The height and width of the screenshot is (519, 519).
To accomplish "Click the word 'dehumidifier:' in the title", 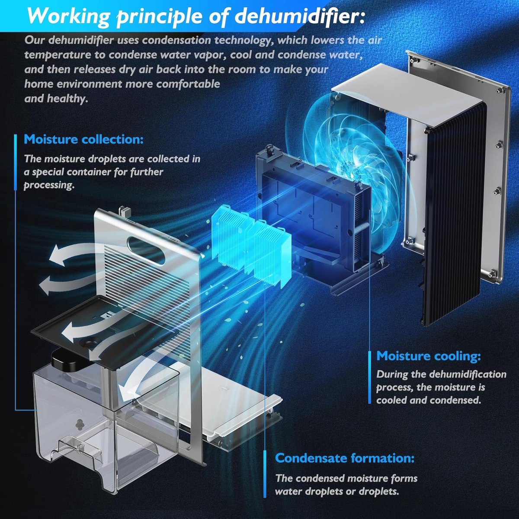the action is pos(299,16).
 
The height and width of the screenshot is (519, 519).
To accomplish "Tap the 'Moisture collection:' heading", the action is pos(84,140).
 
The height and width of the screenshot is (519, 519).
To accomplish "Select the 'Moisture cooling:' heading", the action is pos(429,356).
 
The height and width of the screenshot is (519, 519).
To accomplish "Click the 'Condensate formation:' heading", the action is pos(345,458).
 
